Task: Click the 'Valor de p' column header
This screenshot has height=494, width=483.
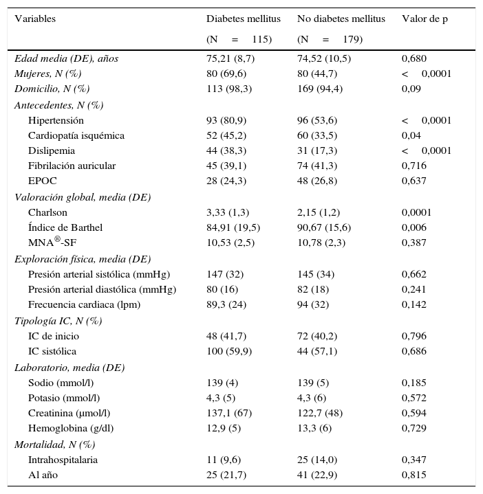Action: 425,19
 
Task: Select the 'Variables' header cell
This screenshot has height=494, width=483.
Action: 35,19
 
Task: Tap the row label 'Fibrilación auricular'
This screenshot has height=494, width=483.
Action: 72,166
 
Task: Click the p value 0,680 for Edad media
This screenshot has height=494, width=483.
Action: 414,58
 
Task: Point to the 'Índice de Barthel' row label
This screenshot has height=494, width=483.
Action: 65,227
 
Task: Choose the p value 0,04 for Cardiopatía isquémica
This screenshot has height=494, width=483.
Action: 411,135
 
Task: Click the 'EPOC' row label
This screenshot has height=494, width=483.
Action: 42,181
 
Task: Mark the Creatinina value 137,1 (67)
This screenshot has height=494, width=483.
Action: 231,413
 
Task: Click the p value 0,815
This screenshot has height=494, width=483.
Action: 414,475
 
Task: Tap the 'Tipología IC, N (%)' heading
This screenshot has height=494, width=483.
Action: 58,321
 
